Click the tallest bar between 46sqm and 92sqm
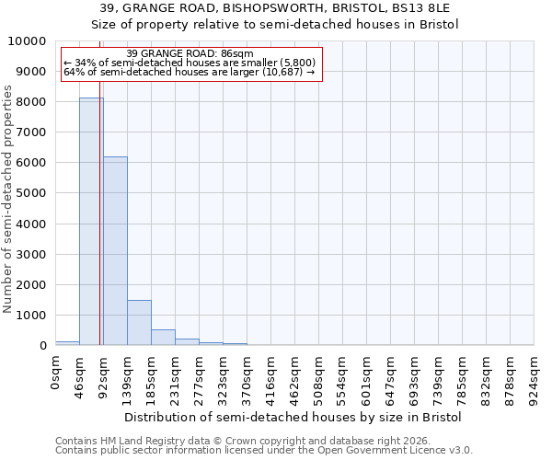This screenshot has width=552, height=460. (91, 221)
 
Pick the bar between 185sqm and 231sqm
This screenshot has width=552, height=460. (163, 337)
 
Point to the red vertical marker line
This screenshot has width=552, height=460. (99, 230)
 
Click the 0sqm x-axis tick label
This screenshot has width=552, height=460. (56, 373)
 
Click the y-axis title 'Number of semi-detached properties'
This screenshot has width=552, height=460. (8, 199)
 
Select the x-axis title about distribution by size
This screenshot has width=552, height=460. (293, 417)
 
